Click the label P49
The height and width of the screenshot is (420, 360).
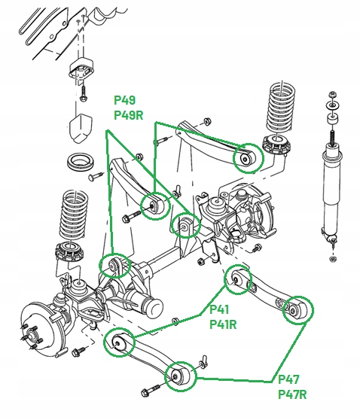click(x=125, y=100)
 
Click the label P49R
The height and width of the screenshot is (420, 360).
click(x=128, y=115)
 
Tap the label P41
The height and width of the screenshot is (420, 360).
click(x=219, y=309)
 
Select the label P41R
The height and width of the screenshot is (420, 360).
click(x=223, y=324)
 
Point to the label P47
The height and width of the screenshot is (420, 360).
click(x=288, y=379)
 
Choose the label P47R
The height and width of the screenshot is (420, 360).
click(x=292, y=394)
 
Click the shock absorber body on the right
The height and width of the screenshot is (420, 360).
click(x=331, y=187)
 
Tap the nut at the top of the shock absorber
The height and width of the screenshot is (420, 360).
click(x=332, y=95)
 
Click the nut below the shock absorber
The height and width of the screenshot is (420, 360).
click(x=333, y=259)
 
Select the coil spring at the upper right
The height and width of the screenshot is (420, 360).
click(x=281, y=110)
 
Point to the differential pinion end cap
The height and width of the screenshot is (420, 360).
click(x=153, y=308)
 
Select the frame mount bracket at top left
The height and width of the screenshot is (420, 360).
click(x=81, y=70)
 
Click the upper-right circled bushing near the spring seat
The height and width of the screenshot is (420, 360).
click(x=248, y=158)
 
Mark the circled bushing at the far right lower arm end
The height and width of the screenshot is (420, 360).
click(x=297, y=310)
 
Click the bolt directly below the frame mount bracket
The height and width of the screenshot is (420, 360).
click(x=83, y=93)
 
